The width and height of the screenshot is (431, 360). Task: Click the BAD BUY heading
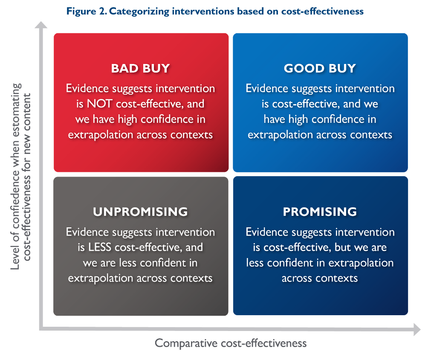140,69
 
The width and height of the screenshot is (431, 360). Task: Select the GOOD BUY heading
320,69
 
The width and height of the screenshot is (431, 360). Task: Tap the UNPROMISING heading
140,212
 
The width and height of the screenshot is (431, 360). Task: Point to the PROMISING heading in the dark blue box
320,212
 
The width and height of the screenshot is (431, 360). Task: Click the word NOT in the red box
99,104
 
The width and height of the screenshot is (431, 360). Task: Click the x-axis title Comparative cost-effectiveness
231,343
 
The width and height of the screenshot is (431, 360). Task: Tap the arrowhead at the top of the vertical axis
41,25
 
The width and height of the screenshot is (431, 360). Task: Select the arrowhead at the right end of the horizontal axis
417,329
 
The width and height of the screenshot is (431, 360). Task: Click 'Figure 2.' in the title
87,12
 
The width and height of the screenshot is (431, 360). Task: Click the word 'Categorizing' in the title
139,12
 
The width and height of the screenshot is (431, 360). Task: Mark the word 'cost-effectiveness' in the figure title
322,12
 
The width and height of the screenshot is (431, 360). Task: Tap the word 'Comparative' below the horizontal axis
186,343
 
